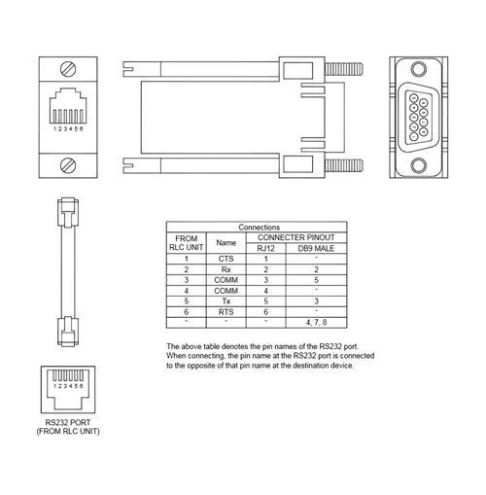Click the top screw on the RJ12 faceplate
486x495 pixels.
click(68, 69)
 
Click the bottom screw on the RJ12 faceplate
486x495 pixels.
click(68, 165)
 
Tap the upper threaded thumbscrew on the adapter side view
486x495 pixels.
click(344, 69)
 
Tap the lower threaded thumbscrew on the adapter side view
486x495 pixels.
click(344, 165)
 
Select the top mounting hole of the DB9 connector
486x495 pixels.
click(419, 69)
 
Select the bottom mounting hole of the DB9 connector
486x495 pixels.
click(419, 165)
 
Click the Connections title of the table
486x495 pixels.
click(259, 228)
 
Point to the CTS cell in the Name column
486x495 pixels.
click(226, 259)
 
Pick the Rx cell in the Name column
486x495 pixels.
click(226, 269)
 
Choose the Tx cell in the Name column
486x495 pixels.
click(226, 301)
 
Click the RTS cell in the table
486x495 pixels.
click(226, 312)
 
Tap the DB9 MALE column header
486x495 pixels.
click(316, 248)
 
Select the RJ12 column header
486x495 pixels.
click(265, 248)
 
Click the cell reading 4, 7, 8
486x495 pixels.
click(316, 323)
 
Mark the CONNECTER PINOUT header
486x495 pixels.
click(295, 237)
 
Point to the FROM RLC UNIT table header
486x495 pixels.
click(186, 243)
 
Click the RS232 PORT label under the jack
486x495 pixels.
click(68, 422)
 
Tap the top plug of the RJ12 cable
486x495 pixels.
click(68, 212)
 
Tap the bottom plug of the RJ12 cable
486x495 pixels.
click(68, 332)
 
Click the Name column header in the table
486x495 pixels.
click(226, 242)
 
